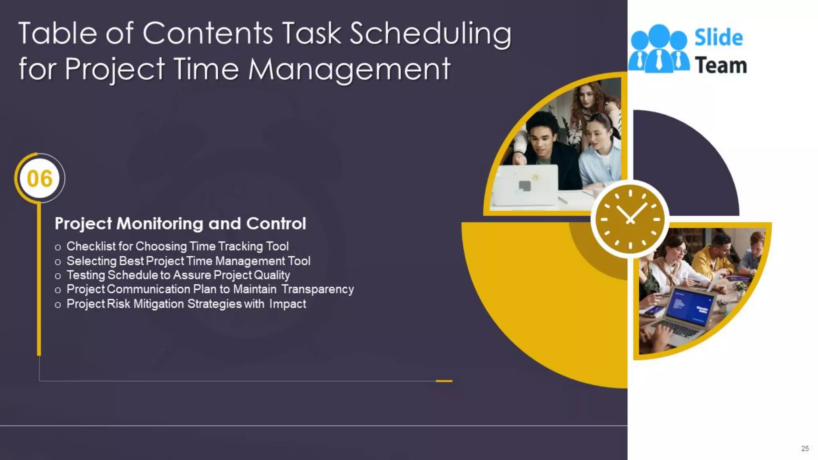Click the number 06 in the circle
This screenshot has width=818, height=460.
(40, 178)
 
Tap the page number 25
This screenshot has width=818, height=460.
(805, 448)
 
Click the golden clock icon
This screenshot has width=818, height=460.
(630, 219)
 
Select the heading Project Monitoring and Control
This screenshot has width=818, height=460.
(180, 224)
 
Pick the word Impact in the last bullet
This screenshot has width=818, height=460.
(288, 304)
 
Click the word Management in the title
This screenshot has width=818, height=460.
(349, 69)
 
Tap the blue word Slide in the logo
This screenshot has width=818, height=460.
(719, 38)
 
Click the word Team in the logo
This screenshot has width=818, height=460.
(721, 65)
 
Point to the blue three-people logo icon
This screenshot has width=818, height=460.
(659, 50)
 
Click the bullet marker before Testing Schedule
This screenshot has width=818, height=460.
(58, 276)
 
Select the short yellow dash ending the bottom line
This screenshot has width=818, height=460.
(444, 381)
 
